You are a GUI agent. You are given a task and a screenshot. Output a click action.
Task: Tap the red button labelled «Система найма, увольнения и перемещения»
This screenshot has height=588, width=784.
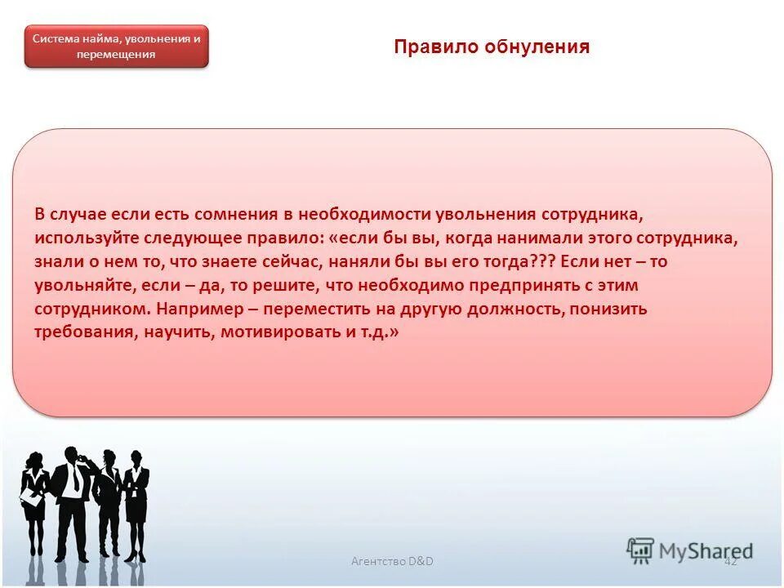click(116, 47)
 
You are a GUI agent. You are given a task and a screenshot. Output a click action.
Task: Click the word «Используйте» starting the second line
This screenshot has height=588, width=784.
click(84, 238)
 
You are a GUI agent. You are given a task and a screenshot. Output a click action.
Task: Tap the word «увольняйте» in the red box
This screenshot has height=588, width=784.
click(82, 286)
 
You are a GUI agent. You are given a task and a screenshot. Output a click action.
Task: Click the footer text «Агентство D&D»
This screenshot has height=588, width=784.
click(392, 561)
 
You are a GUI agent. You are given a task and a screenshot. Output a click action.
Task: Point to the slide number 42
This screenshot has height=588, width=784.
click(730, 561)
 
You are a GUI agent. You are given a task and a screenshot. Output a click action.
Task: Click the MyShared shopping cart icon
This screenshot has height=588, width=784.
click(641, 550)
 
